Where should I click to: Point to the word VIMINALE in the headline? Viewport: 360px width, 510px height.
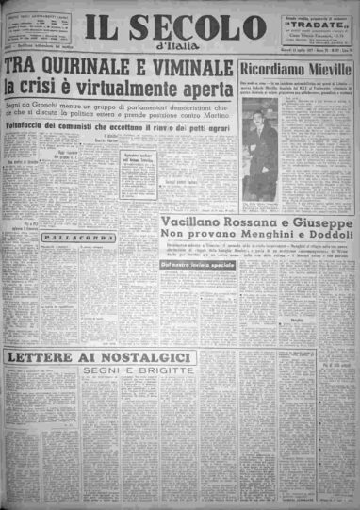click(188, 68)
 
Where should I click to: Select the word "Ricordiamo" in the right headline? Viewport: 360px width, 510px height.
click(267, 69)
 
